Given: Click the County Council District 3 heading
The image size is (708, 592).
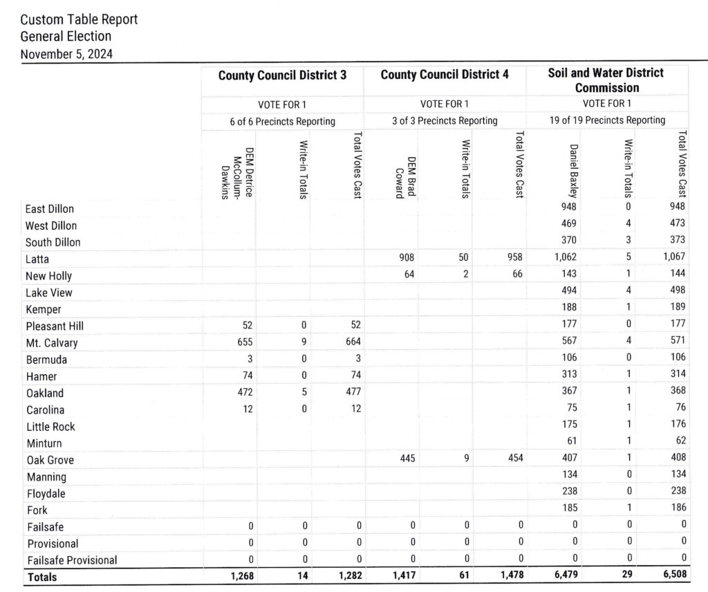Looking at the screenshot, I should [282, 75].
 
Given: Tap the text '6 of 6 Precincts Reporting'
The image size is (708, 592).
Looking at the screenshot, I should [282, 121].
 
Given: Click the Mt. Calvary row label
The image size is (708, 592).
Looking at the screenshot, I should [52, 343].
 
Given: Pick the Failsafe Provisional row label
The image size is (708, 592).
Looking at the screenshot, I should [71, 560].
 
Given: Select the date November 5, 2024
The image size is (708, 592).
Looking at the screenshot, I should [67, 53].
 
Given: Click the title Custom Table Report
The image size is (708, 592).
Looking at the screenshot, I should [79, 19].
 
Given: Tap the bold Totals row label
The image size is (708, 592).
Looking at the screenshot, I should [42, 577].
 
